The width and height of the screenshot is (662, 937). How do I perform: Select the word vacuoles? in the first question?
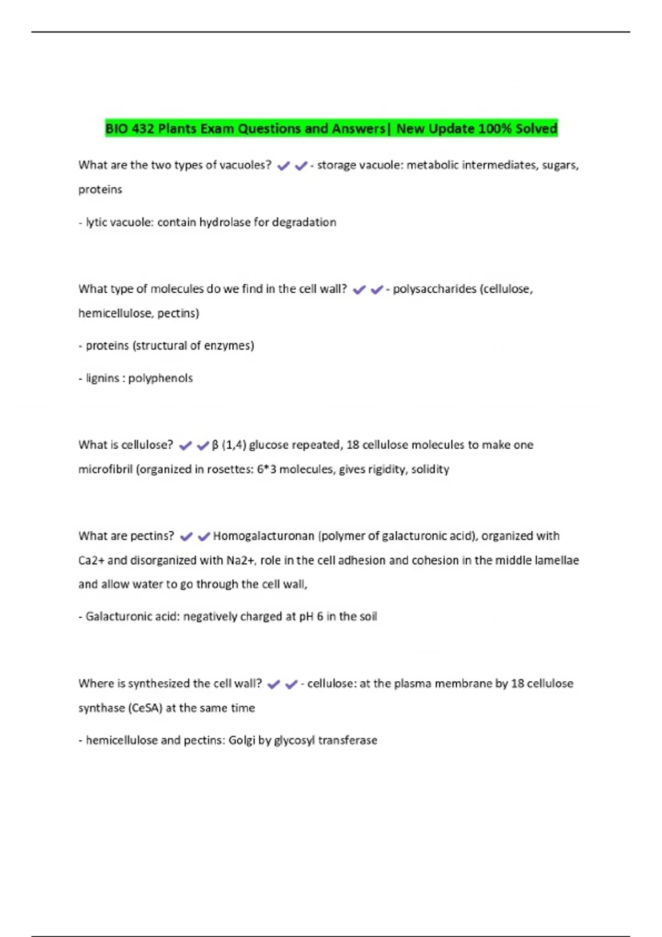pyautogui.click(x=245, y=165)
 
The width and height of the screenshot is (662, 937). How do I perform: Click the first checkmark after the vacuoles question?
pyautogui.click(x=284, y=166)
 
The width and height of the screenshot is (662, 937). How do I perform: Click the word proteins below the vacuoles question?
pyautogui.click(x=100, y=190)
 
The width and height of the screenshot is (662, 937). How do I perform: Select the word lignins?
pyautogui.click(x=103, y=378)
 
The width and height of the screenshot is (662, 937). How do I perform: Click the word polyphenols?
pyautogui.click(x=161, y=378)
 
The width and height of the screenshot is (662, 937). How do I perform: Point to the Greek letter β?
pyautogui.click(x=215, y=445)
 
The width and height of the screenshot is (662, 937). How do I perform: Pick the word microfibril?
pyautogui.click(x=105, y=469)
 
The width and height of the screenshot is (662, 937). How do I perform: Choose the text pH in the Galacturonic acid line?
pyautogui.click(x=306, y=616)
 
